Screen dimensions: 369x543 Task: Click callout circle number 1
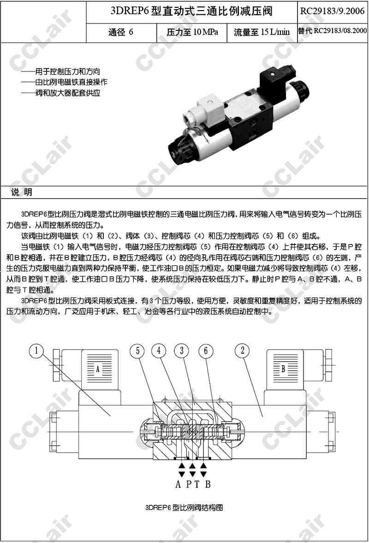[36, 351]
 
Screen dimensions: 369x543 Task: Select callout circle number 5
[137, 351]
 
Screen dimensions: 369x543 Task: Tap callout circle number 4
[159, 351]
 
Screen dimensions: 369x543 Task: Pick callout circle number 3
[182, 351]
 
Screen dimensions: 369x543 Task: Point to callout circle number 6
[206, 351]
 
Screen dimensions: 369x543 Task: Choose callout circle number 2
[243, 351]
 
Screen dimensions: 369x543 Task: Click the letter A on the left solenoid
[97, 369]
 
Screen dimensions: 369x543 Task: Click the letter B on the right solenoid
[283, 369]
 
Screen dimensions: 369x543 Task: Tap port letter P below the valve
[189, 484]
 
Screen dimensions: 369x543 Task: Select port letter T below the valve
[196, 484]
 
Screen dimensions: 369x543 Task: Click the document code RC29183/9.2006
[333, 11]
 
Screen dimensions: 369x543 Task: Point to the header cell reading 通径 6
[121, 32]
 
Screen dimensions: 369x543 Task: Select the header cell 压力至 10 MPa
[192, 33]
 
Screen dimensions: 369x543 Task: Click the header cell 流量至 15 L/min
[262, 33]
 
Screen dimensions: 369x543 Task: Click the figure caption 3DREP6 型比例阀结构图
[184, 508]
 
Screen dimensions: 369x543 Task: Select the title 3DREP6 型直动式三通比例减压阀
[191, 11]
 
